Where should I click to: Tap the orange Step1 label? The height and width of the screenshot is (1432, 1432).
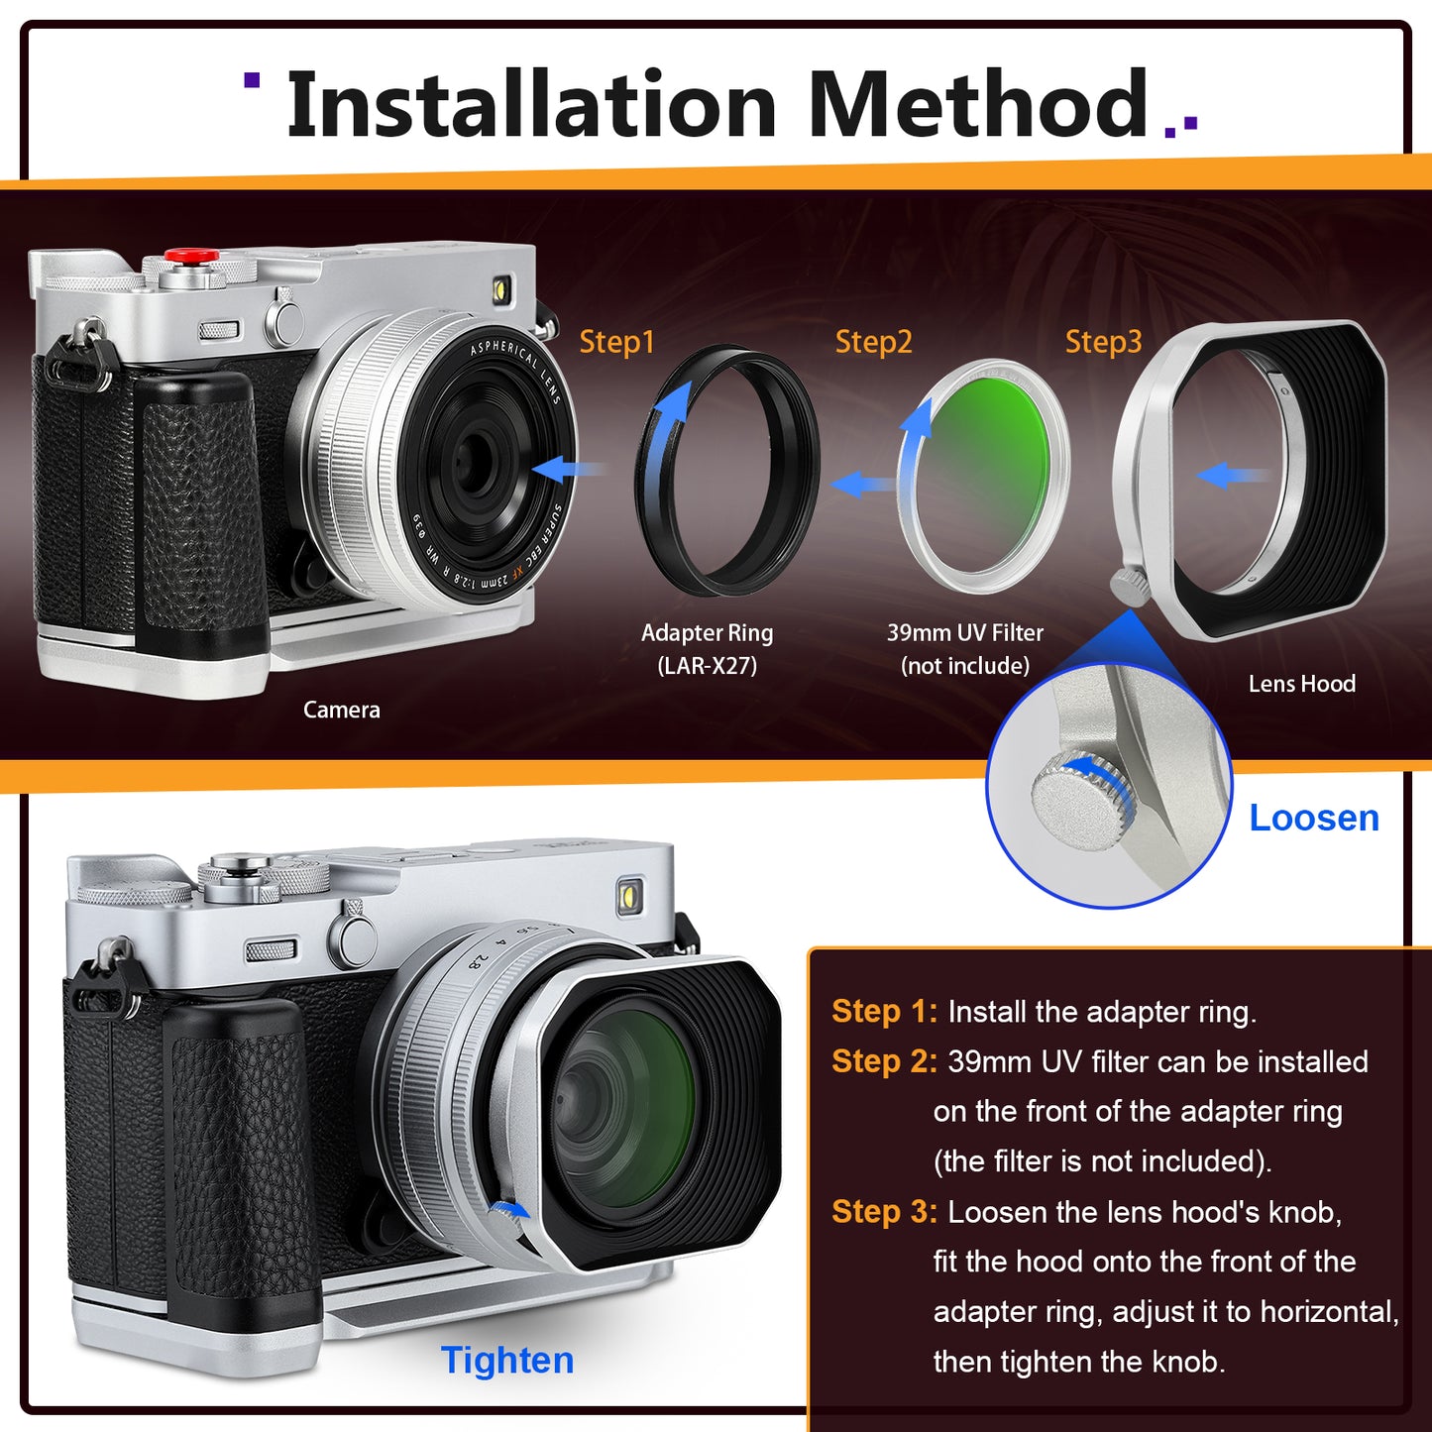[616, 342]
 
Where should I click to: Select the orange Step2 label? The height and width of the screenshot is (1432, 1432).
[873, 342]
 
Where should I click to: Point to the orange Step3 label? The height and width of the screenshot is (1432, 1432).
[1104, 342]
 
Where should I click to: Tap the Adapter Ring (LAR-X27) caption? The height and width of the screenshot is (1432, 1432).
[707, 649]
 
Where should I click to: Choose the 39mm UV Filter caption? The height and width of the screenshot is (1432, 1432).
[964, 649]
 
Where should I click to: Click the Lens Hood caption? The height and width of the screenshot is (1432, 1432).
[1301, 684]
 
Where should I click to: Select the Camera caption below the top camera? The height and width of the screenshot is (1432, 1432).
[341, 710]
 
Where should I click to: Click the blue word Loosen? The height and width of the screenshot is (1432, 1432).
[1314, 819]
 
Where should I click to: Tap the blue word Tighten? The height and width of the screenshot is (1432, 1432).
[507, 1361]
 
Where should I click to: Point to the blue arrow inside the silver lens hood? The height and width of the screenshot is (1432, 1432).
[1232, 475]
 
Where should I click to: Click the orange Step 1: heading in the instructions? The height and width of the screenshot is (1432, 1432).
[884, 1012]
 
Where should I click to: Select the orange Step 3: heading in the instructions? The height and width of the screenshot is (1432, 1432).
[884, 1212]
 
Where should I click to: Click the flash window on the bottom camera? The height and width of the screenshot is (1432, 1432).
[630, 896]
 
